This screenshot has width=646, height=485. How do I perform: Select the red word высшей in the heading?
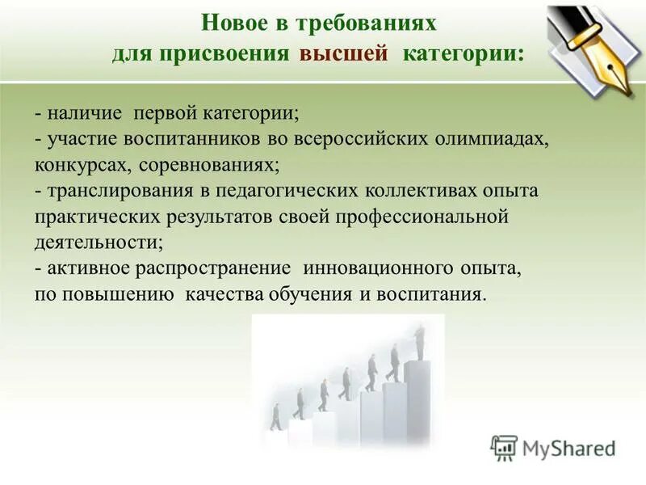338,55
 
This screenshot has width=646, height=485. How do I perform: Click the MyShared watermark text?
568,447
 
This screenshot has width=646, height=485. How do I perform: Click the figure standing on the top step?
419,342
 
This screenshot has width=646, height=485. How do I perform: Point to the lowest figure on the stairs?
276,417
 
